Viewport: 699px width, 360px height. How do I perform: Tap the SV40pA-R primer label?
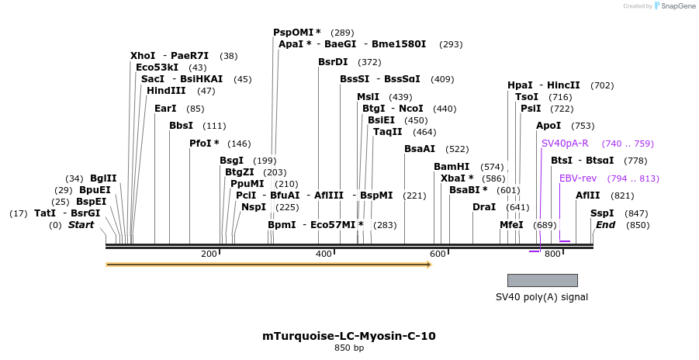point(565,144)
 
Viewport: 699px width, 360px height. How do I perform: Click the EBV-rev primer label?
point(578,178)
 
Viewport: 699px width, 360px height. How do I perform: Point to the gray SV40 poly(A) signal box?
point(542,280)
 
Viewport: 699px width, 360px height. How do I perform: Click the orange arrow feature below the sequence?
point(268,265)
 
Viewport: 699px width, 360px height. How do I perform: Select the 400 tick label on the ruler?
point(323,254)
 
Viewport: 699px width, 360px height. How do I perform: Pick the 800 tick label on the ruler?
point(552,254)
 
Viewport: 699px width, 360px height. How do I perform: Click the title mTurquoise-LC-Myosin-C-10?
point(349,336)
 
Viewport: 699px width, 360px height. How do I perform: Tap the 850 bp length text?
point(349,348)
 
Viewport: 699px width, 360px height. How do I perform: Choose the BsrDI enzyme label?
point(333,62)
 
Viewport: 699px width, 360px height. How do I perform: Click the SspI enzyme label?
point(602,213)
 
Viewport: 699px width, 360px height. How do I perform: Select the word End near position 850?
point(605,225)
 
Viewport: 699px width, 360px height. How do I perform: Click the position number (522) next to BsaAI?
point(457,149)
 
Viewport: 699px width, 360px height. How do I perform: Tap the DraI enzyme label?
point(484,207)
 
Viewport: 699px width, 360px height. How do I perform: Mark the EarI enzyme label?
point(165,109)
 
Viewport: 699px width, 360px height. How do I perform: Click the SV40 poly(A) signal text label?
point(542,297)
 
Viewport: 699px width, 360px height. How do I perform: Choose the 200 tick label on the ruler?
point(209,254)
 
